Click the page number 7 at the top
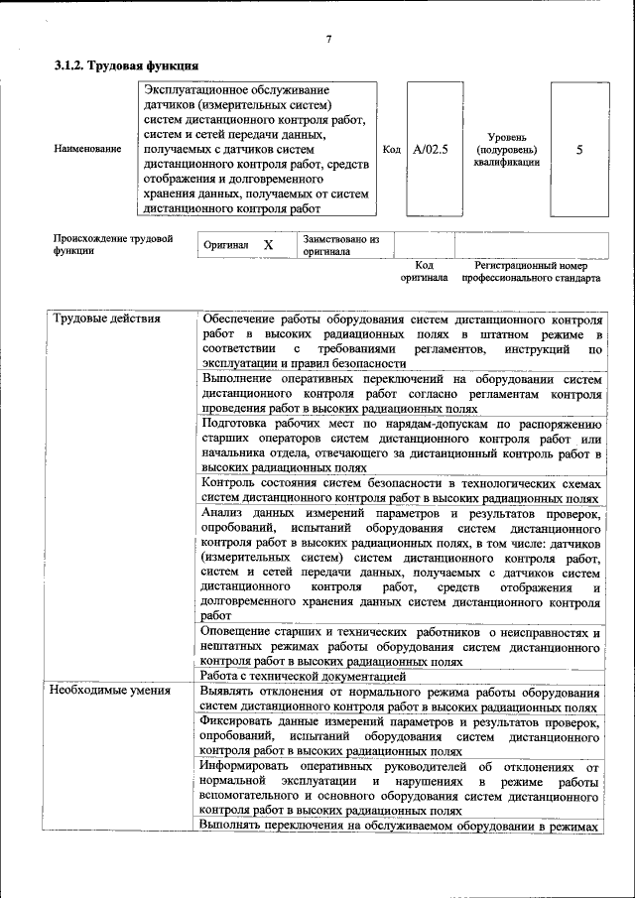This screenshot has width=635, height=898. click(328, 40)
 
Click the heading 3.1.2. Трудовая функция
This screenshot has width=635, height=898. click(126, 65)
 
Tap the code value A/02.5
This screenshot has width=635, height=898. click(431, 149)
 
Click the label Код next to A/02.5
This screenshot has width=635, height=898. click(391, 149)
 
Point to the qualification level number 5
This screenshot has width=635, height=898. click(579, 149)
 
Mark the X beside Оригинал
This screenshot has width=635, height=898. click(268, 244)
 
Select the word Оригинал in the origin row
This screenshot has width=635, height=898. click(225, 244)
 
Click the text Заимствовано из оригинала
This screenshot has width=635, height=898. click(341, 245)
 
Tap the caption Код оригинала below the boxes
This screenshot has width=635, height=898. click(424, 272)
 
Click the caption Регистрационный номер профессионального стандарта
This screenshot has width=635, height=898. click(531, 272)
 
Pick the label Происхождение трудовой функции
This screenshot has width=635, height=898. click(113, 245)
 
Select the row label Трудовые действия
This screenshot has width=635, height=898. click(106, 320)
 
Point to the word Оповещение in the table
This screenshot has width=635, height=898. click(240, 631)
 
